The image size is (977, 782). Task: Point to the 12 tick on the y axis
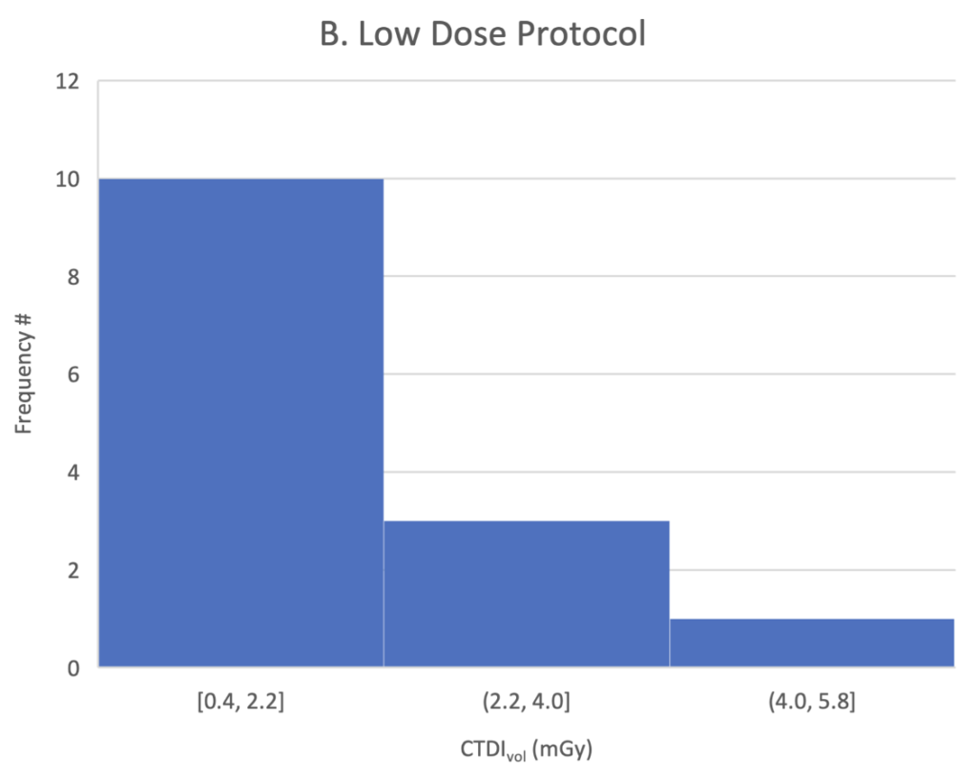pyautogui.click(x=68, y=81)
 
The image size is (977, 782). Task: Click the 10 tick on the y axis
pyautogui.click(x=68, y=180)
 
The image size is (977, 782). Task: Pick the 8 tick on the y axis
pyautogui.click(x=73, y=277)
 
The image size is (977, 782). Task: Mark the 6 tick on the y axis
pyautogui.click(x=73, y=375)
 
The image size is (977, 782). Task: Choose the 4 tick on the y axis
pyautogui.click(x=73, y=473)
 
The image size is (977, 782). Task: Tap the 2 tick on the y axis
pyautogui.click(x=73, y=571)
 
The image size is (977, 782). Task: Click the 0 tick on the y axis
pyautogui.click(x=73, y=668)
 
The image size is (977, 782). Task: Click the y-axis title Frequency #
pyautogui.click(x=23, y=374)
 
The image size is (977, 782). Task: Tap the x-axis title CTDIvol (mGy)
pyautogui.click(x=526, y=749)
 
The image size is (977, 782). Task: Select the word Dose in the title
pyautogui.click(x=468, y=33)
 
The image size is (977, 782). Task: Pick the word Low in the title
pyautogui.click(x=387, y=33)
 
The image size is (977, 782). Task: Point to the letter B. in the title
pyautogui.click(x=333, y=33)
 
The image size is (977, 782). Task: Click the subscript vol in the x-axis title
pyautogui.click(x=516, y=757)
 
